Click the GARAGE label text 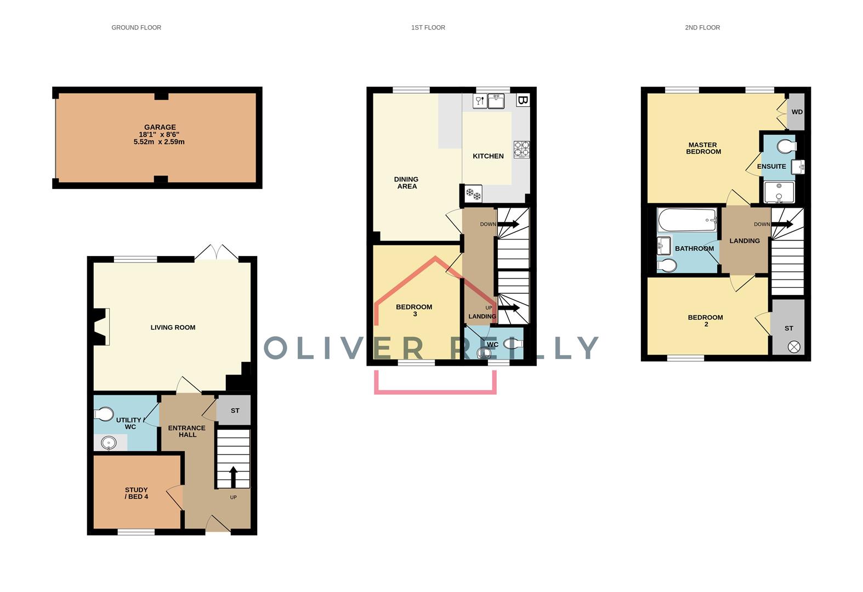[160, 127]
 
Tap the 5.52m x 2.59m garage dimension [159, 142]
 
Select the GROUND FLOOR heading [136, 27]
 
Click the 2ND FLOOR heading [702, 27]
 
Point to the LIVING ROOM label [173, 327]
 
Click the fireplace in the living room [102, 327]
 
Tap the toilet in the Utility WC [104, 413]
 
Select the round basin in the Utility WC [110, 442]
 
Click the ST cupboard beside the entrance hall [235, 411]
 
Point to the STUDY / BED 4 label [137, 493]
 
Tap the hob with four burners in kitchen [521, 149]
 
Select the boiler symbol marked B [523, 100]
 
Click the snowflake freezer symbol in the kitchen [473, 193]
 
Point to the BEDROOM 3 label [414, 310]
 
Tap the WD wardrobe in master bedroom [797, 112]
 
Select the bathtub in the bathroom [688, 220]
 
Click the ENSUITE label [771, 167]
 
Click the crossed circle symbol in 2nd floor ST [793, 346]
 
